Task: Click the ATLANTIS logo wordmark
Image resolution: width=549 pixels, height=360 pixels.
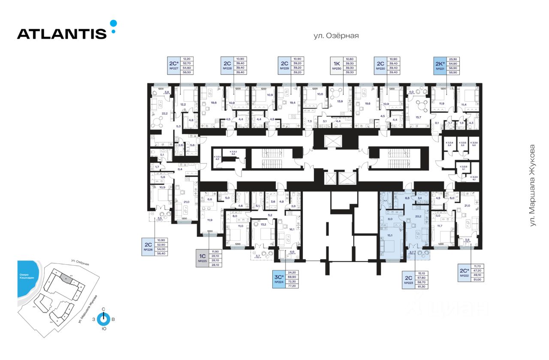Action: click(x=62, y=33)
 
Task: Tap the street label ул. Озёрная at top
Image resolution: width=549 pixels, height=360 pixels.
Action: click(x=336, y=36)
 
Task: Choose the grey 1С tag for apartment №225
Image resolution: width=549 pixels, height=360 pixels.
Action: click(x=202, y=258)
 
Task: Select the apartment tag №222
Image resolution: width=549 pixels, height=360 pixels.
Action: click(x=464, y=273)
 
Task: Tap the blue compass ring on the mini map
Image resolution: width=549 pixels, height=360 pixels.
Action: click(x=103, y=319)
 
